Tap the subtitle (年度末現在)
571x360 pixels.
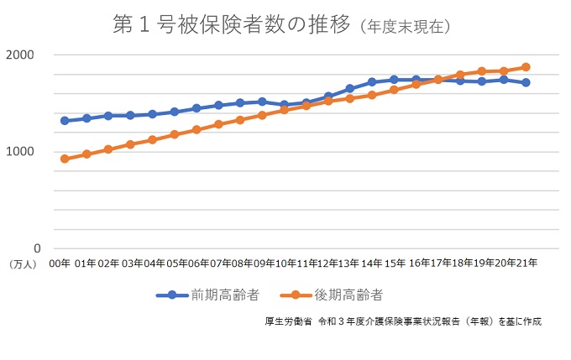(x=406, y=27)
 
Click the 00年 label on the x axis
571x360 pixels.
(x=60, y=263)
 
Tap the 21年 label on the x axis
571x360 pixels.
(x=526, y=263)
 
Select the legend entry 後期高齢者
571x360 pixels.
(x=349, y=295)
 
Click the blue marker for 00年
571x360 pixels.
(x=65, y=121)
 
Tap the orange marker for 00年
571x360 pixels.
(x=65, y=159)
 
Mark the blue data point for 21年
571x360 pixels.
(x=526, y=82)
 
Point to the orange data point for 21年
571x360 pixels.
(x=526, y=67)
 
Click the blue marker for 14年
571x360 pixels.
(x=372, y=82)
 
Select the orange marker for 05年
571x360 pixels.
(x=175, y=134)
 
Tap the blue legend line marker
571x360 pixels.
(x=171, y=295)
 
